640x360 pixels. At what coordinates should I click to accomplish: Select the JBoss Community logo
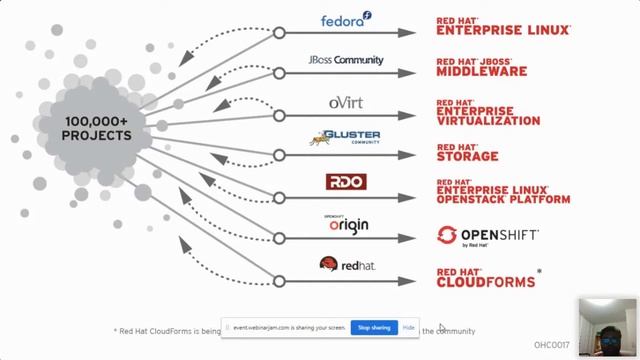click(x=346, y=60)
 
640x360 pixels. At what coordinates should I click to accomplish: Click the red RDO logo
click(x=346, y=182)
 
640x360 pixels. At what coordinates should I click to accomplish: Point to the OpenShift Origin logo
click(x=346, y=224)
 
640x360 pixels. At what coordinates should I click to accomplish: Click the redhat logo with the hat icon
click(x=346, y=265)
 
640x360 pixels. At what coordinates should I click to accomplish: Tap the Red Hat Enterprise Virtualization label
click(x=488, y=111)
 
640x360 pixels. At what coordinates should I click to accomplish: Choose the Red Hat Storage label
click(x=467, y=152)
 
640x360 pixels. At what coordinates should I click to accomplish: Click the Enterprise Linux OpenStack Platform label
click(x=503, y=192)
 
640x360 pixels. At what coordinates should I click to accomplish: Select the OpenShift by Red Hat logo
click(x=488, y=237)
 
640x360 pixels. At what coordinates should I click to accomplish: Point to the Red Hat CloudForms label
click(x=485, y=276)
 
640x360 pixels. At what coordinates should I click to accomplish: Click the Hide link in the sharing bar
click(x=408, y=328)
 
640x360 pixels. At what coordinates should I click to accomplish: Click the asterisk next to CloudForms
click(x=540, y=271)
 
